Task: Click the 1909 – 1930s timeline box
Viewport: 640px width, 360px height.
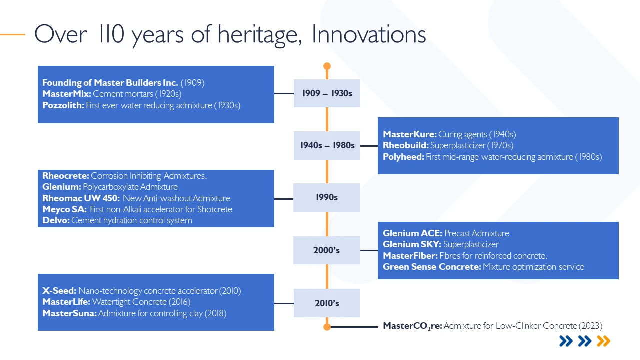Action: pos(327,93)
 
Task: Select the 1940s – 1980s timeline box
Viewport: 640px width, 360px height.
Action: pos(327,145)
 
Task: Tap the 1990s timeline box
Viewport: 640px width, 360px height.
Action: pos(326,197)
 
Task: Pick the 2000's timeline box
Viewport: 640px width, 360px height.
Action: pos(326,250)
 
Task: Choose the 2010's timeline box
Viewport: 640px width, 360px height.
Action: pos(327,303)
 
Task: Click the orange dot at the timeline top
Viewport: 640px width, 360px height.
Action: pos(327,66)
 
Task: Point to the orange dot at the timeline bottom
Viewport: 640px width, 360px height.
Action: pos(327,327)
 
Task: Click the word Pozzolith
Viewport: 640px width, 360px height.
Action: pos(63,105)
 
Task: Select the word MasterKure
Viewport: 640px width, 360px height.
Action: pos(409,134)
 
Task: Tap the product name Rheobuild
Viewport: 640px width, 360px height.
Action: pos(405,145)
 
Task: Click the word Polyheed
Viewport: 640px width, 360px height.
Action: pos(403,157)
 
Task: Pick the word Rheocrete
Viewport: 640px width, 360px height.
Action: pos(65,176)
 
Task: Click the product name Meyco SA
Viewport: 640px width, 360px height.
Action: pos(64,209)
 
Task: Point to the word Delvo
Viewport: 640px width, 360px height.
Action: pos(56,220)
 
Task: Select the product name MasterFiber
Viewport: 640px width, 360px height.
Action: pos(410,256)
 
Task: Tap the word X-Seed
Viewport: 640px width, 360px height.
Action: pos(59,291)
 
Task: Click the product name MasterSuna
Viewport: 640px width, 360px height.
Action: pos(69,313)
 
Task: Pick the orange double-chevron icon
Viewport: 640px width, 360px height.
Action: pos(603,341)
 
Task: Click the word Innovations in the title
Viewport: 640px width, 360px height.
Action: pos(369,34)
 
